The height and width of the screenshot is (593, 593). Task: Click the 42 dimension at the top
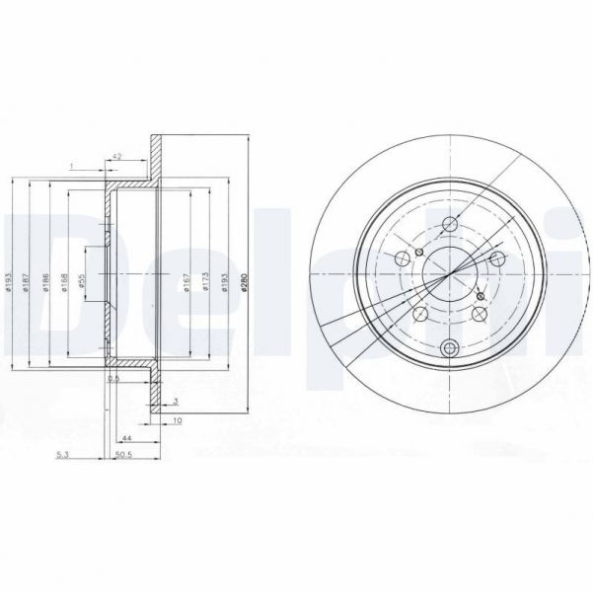117,156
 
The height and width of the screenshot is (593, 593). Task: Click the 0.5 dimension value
113,378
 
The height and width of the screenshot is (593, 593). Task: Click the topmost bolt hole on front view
451,223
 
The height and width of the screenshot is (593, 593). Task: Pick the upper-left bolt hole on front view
404,256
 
